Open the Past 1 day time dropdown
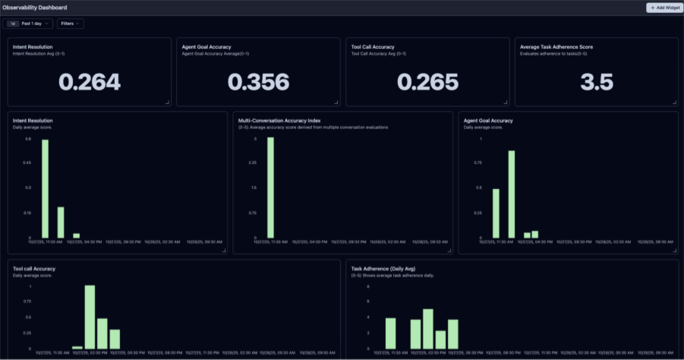(x=30, y=24)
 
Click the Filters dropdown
(x=71, y=24)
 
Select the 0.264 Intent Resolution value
(x=90, y=82)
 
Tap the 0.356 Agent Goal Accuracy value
(x=258, y=82)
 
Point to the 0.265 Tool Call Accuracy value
(x=427, y=82)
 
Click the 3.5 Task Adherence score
(x=596, y=82)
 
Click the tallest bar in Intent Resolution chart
(x=45, y=189)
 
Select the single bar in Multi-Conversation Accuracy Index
(x=270, y=188)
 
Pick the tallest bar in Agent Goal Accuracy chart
(x=512, y=194)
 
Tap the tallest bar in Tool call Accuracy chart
(x=90, y=317)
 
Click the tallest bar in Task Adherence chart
(x=428, y=328)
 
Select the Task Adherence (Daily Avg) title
(x=392, y=268)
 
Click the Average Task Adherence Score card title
(x=556, y=47)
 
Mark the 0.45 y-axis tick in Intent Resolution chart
(x=27, y=163)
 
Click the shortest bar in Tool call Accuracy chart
(x=77, y=347)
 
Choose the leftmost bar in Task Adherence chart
(x=391, y=333)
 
